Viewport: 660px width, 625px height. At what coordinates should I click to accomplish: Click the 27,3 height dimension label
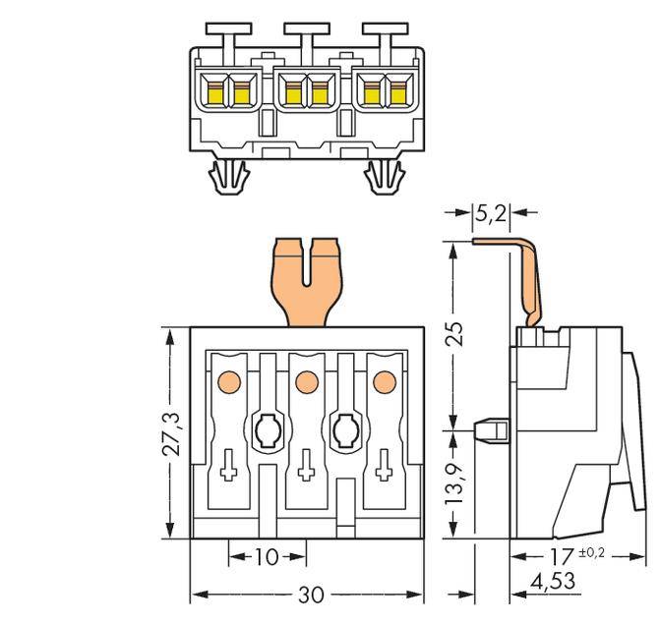pyautogui.click(x=173, y=433)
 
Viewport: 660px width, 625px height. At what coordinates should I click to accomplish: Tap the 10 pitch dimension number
pyautogui.click(x=266, y=557)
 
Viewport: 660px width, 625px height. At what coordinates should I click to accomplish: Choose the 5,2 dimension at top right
pyautogui.click(x=491, y=211)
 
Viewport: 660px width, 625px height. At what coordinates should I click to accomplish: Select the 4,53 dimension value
pyautogui.click(x=552, y=582)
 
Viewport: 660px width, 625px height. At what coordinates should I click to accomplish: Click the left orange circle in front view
pyautogui.click(x=228, y=379)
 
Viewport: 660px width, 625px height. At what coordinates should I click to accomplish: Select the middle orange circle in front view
pyautogui.click(x=305, y=379)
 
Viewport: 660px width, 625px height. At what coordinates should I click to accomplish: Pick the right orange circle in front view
pyautogui.click(x=382, y=379)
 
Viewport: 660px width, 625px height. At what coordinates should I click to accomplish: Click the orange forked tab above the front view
pyautogui.click(x=306, y=280)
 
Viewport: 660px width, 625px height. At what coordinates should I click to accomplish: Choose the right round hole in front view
pyautogui.click(x=344, y=427)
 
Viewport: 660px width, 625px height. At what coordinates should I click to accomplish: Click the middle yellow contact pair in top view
pyautogui.click(x=305, y=91)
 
